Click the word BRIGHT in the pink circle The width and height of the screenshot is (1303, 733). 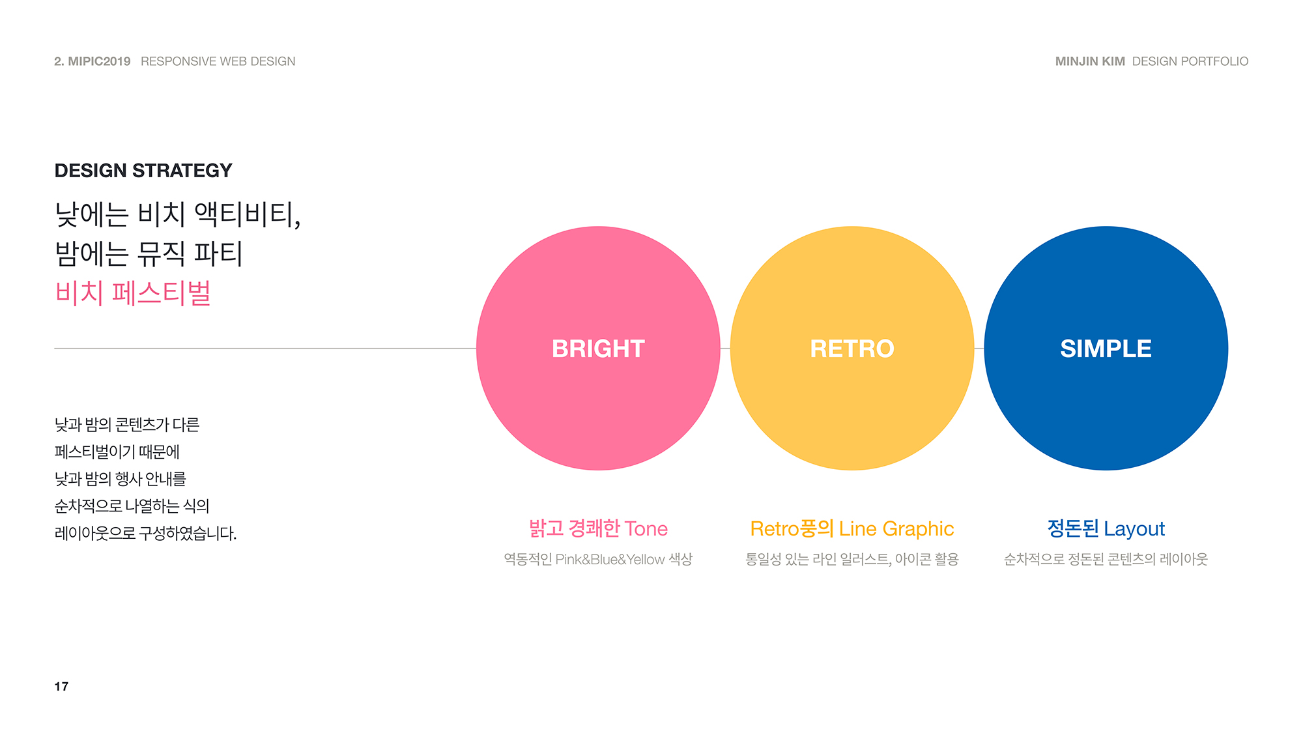[x=598, y=349]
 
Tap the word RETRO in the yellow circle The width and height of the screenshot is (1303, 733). [x=852, y=349]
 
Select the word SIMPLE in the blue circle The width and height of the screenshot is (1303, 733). [x=1106, y=349]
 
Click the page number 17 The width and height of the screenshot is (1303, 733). [x=61, y=686]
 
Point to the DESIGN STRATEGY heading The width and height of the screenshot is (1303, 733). [x=143, y=171]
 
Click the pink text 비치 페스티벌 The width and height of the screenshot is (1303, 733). [x=133, y=293]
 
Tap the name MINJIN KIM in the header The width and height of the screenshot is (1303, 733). [x=1090, y=61]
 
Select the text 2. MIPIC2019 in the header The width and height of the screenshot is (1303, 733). [x=93, y=61]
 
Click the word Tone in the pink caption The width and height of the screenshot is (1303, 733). [x=646, y=528]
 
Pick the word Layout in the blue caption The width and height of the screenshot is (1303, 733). [x=1134, y=528]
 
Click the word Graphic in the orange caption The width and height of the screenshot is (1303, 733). [x=918, y=528]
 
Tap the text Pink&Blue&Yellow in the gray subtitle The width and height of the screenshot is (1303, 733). [x=610, y=559]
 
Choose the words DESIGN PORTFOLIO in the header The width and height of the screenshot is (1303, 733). [x=1190, y=61]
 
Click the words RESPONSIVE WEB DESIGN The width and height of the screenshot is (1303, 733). [x=218, y=61]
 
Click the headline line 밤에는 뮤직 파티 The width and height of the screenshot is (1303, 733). [x=149, y=253]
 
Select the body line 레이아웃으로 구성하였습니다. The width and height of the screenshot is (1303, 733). [x=145, y=533]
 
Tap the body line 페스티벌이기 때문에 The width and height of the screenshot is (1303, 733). [x=117, y=452]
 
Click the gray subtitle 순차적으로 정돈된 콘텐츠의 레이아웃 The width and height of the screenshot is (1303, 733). [x=1106, y=559]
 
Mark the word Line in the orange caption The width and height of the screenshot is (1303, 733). [x=857, y=528]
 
